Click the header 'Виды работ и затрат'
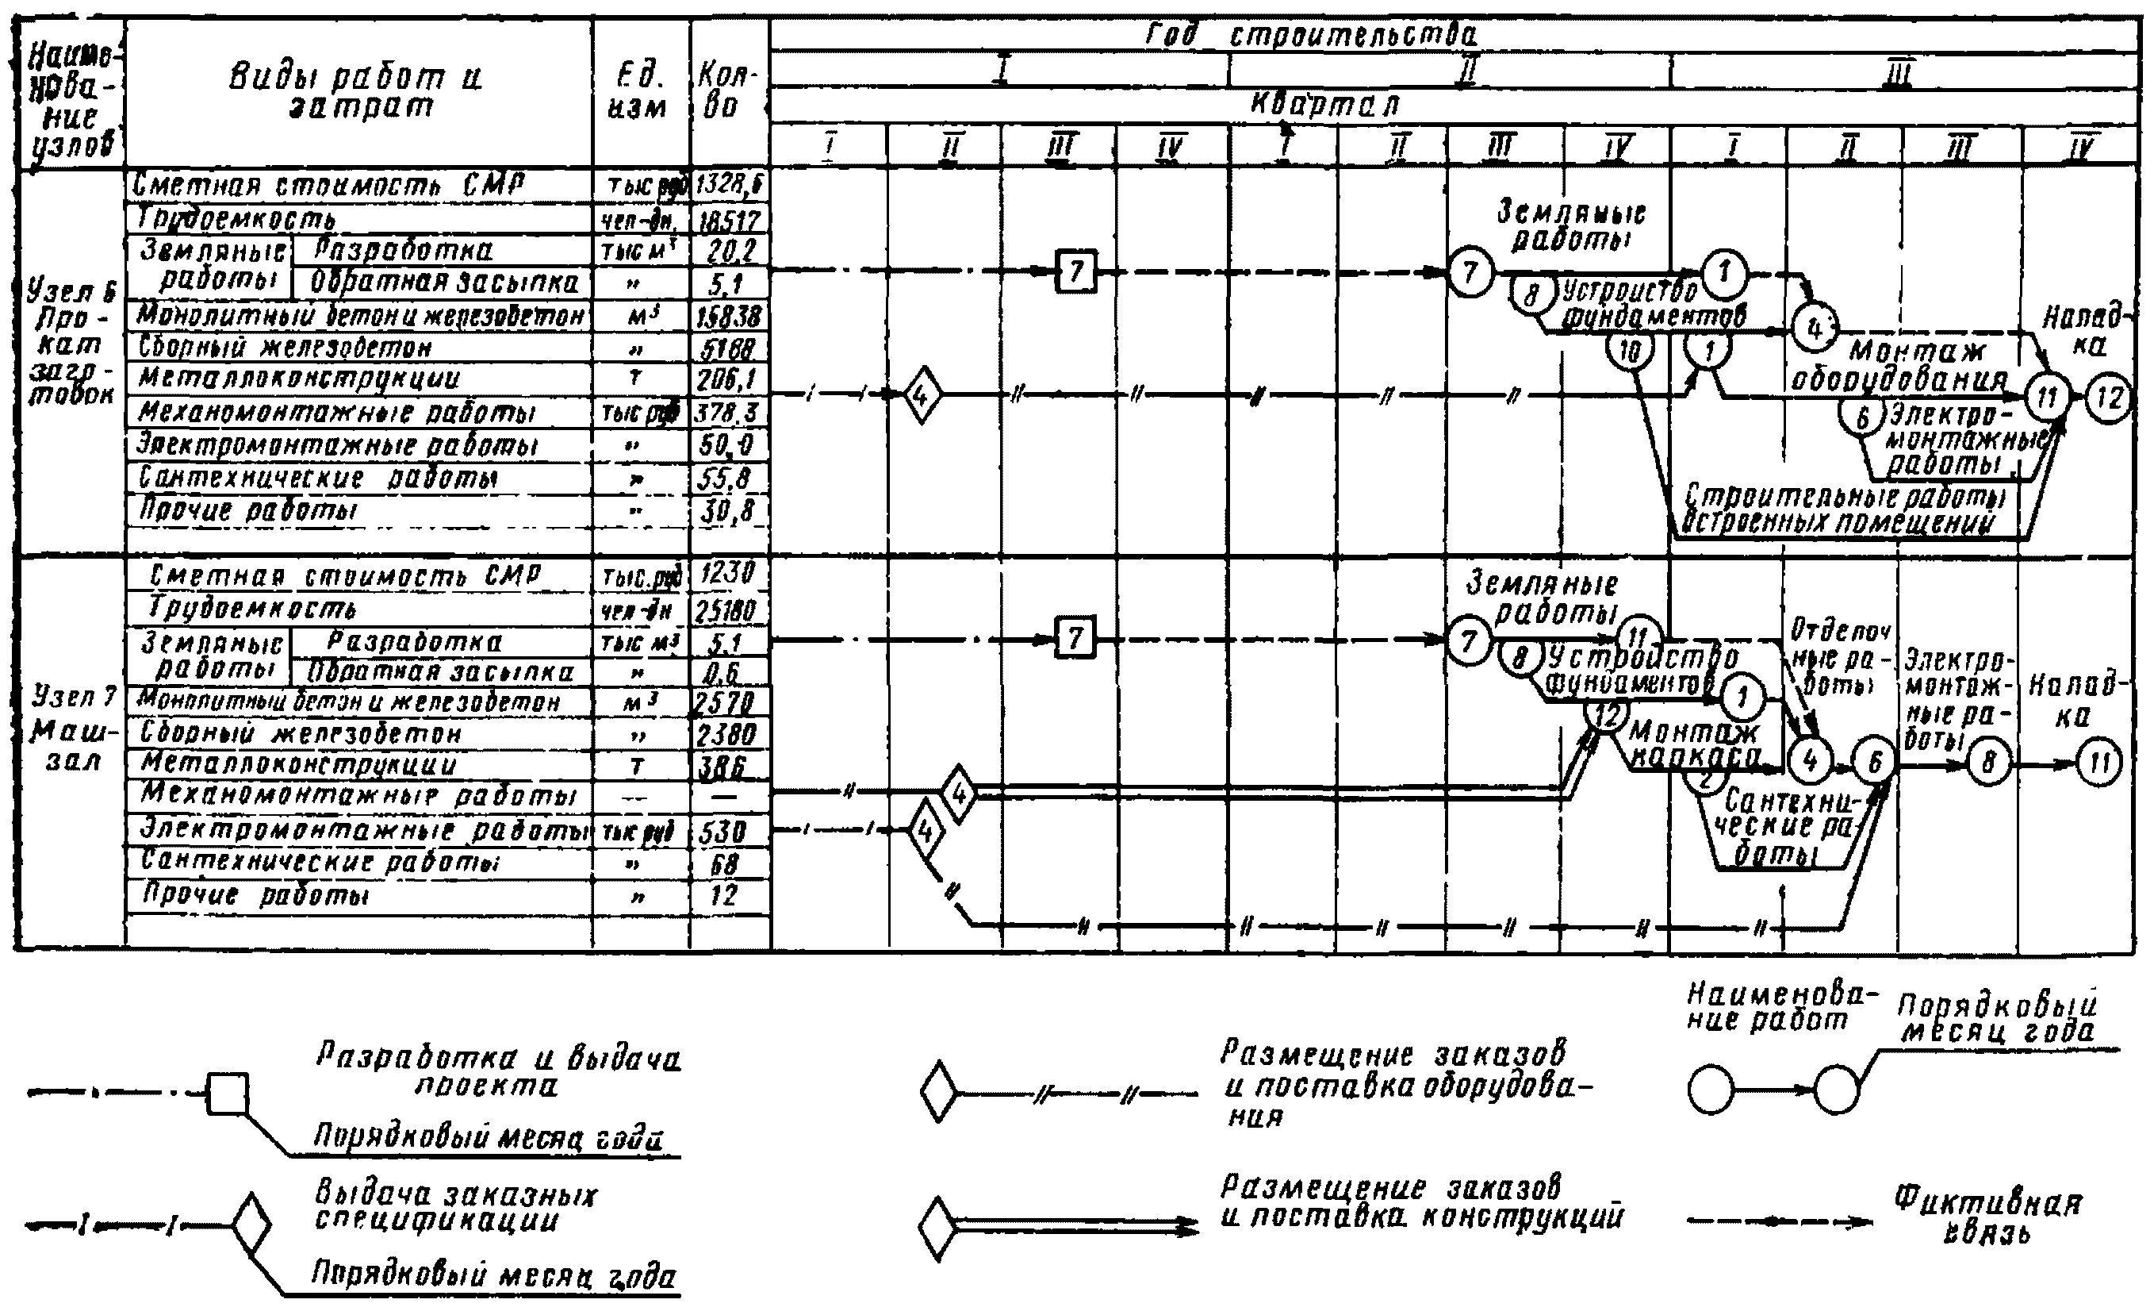pyautogui.click(x=357, y=91)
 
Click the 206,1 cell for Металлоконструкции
pyautogui.click(x=729, y=379)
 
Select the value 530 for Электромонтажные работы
pyautogui.click(x=723, y=830)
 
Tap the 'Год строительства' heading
pyautogui.click(x=1309, y=35)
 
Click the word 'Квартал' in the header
pyautogui.click(x=1324, y=105)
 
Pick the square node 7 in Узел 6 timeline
pyautogui.click(x=1075, y=271)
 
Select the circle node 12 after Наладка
pyautogui.click(x=2109, y=399)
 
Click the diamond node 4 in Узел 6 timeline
pyautogui.click(x=921, y=395)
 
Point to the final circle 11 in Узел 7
pyautogui.click(x=2097, y=762)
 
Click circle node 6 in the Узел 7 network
pyautogui.click(x=1873, y=762)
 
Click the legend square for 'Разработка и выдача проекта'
pyautogui.click(x=228, y=1094)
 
